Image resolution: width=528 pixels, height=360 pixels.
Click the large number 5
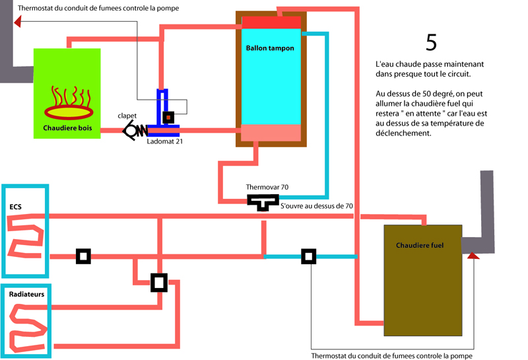pyautogui.click(x=431, y=42)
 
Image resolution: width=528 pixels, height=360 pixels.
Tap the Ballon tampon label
pyautogui.click(x=270, y=48)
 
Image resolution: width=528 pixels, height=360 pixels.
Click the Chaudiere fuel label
pyautogui.click(x=420, y=245)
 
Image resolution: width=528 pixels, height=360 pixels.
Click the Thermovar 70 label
pyautogui.click(x=267, y=188)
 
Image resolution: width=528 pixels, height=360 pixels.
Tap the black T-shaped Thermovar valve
pyautogui.click(x=263, y=201)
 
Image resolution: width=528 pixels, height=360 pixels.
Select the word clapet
pyautogui.click(x=127, y=116)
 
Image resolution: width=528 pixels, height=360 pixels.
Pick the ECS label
pyautogui.click(x=15, y=207)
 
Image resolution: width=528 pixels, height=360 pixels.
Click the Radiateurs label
pyautogui.click(x=27, y=294)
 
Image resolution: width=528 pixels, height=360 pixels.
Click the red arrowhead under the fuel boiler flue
pyautogui.click(x=473, y=254)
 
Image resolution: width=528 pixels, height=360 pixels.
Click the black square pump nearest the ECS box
pyautogui.click(x=82, y=256)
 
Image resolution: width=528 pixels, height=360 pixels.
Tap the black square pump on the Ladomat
pyautogui.click(x=168, y=118)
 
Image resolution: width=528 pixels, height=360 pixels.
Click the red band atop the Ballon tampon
pyautogui.click(x=271, y=23)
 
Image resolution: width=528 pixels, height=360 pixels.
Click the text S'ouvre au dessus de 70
pyautogui.click(x=317, y=206)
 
